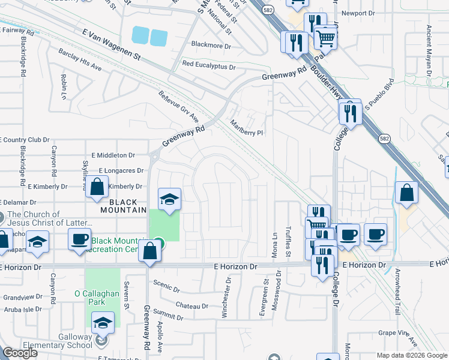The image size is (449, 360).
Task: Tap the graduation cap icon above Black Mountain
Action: (169, 199)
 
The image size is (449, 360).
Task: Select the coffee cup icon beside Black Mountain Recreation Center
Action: (79, 239)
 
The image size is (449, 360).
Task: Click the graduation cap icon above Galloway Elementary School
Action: (103, 323)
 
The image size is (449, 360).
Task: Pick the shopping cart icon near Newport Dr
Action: (325, 38)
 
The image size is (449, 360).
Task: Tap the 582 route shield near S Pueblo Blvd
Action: (384, 139)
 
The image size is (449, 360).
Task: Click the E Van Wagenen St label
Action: (115, 47)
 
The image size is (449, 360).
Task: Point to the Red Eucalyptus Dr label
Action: (209, 65)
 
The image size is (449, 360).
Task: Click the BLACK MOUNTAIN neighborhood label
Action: (123, 206)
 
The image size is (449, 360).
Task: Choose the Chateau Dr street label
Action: (192, 305)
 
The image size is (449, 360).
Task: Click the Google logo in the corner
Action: (20, 353)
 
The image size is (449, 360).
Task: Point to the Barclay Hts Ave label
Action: (80, 65)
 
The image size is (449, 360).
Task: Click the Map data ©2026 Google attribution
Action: (412, 355)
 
